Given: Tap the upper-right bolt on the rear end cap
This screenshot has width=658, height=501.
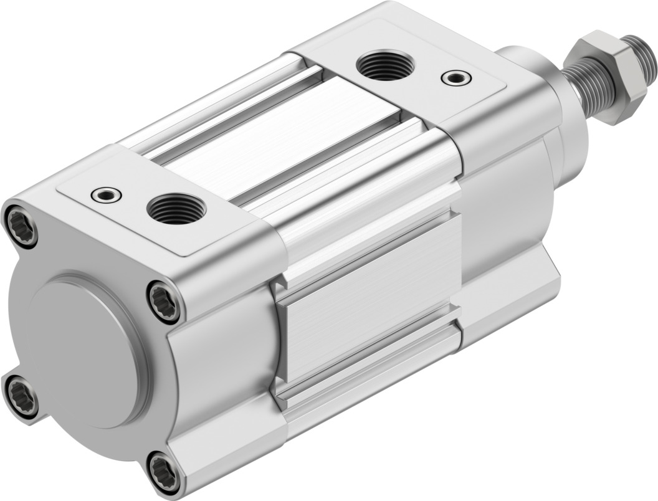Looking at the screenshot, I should pyautogui.click(x=164, y=301).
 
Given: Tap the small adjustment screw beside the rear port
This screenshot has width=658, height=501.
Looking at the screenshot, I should pyautogui.click(x=106, y=195).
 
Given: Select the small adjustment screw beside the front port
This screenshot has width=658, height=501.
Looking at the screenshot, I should pyautogui.click(x=455, y=78).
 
